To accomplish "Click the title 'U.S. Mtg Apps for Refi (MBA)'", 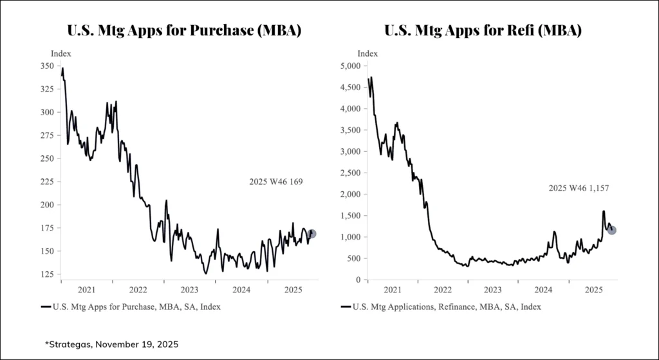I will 483,30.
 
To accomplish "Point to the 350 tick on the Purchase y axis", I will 46,66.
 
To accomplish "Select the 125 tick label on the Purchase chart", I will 46,275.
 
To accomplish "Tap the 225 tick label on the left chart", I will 46,182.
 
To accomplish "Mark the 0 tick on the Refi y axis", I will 356,279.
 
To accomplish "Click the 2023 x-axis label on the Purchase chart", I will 189,290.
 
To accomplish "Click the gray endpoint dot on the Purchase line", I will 312,234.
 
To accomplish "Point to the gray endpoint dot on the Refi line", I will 612,230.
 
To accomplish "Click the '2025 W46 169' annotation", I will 275,182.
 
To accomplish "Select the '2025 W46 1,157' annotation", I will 579,188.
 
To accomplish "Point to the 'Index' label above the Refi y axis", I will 367,53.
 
